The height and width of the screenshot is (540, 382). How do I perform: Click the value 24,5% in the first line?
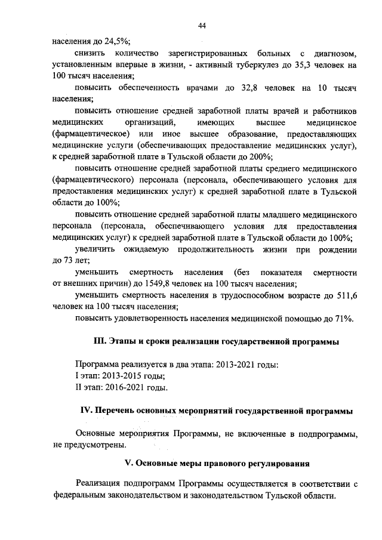117,42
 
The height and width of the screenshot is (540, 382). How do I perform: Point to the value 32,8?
238,88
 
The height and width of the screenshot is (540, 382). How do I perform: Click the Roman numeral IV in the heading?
85,411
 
